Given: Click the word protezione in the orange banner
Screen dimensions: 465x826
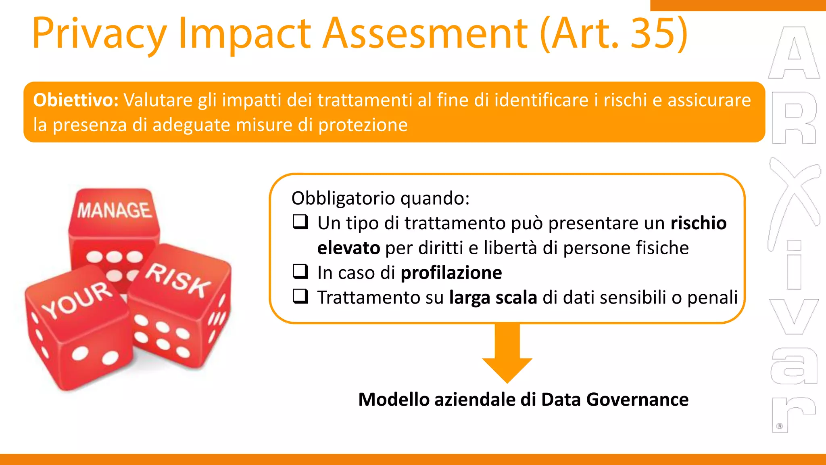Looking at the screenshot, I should click(363, 125).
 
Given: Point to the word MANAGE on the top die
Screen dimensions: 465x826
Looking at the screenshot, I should click(115, 210).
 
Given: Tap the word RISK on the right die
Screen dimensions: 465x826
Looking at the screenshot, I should click(178, 280).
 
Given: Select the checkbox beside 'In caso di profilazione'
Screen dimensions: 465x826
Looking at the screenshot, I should click(300, 272).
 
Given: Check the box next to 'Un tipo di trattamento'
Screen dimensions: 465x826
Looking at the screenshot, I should click(300, 222).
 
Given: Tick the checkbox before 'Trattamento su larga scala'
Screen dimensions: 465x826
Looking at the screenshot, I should click(300, 297).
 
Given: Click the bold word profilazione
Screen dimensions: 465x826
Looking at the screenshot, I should click(451, 273).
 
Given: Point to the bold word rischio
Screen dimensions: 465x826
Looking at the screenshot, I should click(699, 223).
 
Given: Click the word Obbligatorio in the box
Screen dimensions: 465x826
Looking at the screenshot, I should click(343, 198).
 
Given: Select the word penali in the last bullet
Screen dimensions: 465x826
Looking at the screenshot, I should click(712, 297).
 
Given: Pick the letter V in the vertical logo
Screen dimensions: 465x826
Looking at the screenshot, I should click(794, 317).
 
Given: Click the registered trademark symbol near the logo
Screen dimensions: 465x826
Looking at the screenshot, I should click(780, 426).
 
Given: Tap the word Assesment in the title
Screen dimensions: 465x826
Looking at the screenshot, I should click(426, 33).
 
